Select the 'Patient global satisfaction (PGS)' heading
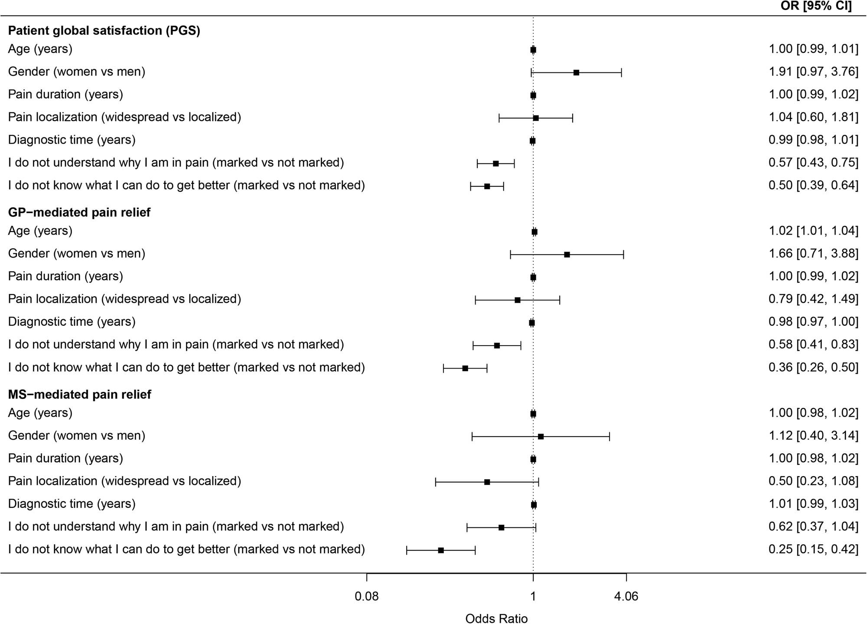[104, 31]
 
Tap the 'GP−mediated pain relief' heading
[79, 212]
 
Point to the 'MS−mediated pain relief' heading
[80, 395]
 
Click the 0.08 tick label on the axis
[367, 597]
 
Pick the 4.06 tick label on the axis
[626, 597]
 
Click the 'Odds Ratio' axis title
[496, 618]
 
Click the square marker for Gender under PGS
[576, 72]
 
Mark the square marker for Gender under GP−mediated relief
[567, 255]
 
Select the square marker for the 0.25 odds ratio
[441, 550]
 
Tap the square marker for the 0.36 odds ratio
[465, 368]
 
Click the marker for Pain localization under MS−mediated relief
[487, 482]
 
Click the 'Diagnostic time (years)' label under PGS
[72, 140]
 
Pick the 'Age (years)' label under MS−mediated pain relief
[40, 413]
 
